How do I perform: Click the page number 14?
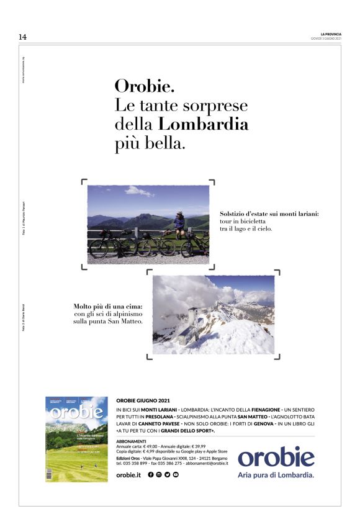point(22,37)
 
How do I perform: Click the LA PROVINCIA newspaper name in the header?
point(330,34)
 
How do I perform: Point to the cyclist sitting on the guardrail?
point(179,224)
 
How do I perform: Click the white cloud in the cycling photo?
point(138,191)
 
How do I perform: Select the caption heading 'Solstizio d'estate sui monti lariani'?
point(269,214)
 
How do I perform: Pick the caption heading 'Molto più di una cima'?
point(108,306)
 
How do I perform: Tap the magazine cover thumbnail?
point(76,439)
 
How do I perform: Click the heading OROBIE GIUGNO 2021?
point(143,401)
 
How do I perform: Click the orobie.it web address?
point(128,474)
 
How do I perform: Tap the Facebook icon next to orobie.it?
point(151,474)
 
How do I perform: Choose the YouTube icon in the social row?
point(176,474)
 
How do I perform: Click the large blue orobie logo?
point(276,457)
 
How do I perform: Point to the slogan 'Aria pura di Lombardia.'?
point(276,475)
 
